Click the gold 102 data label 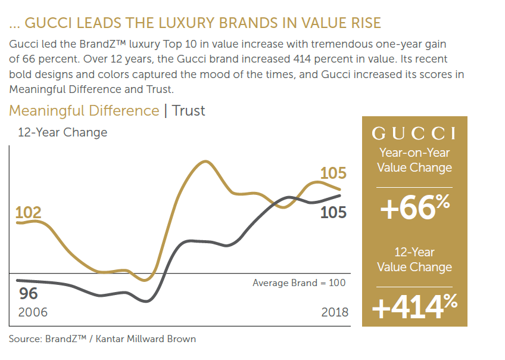[28, 213]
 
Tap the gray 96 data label [29, 293]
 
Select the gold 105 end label [333, 173]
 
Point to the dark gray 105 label [333, 212]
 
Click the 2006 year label [33, 312]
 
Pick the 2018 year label [334, 312]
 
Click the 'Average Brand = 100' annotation [298, 283]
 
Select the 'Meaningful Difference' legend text [84, 111]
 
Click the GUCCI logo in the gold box [414, 133]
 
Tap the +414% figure [414, 306]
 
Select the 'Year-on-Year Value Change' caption [414, 160]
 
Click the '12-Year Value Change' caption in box [414, 259]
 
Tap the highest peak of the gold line [205, 161]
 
